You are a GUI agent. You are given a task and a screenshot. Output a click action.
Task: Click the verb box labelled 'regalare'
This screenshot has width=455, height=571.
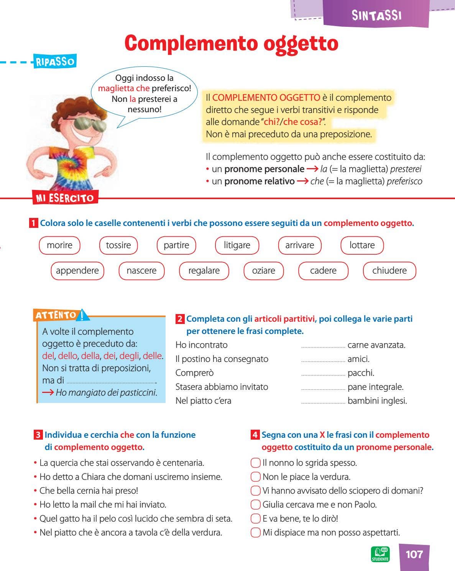(204, 271)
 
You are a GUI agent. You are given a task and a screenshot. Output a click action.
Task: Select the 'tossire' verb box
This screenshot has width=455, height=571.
(118, 245)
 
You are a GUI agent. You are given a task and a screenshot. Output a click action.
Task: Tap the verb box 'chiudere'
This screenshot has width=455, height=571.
(389, 271)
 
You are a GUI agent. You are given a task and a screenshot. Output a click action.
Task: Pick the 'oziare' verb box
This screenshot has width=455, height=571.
(264, 271)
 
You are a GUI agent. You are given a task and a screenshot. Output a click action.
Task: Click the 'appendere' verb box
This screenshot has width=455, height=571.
(77, 271)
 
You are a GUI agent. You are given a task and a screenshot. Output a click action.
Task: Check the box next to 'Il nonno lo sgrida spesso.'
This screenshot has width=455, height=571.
(255, 463)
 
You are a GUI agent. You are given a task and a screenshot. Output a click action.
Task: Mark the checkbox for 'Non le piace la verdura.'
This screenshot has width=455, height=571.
(255, 477)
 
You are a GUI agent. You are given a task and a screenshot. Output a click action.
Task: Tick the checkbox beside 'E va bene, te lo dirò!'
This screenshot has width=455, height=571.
(255, 519)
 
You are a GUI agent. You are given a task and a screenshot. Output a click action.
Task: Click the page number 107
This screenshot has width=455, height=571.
(414, 555)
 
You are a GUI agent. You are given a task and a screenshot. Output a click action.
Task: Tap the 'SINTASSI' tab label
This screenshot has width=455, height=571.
(376, 15)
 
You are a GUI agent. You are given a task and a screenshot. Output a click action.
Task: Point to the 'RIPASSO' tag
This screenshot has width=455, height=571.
(55, 62)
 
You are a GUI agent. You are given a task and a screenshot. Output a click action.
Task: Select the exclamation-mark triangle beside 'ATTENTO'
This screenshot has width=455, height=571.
(82, 315)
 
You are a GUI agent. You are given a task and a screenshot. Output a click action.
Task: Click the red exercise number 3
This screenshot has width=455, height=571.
(38, 435)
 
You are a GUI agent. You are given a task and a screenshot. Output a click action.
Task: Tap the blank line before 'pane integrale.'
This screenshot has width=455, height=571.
(323, 388)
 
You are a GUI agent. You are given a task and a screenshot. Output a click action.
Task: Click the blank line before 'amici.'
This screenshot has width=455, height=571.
(323, 360)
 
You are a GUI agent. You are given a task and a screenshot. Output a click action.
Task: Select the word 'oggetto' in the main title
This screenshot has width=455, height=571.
(301, 43)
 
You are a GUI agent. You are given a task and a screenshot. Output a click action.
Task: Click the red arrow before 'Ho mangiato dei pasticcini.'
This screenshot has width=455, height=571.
(48, 393)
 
